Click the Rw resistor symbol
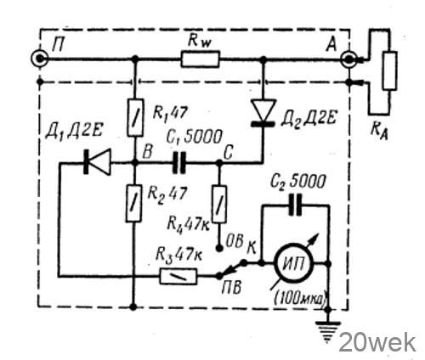pos(200,59)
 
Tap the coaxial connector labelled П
pos(40,59)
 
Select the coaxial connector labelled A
pos(348,59)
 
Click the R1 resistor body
pos(135,118)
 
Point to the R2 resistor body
pos(133,204)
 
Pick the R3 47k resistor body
pos(178,276)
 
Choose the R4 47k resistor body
pos(219,204)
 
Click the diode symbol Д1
pos(97,162)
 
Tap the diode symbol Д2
pos(263,113)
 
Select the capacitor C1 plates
pos(179,163)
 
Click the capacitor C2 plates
pos(295,205)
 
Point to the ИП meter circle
pos(293,264)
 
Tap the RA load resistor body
pos(389,70)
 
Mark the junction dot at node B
pos(135,163)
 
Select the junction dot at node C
pos(219,163)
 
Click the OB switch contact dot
pos(219,248)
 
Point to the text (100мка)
pos(301,298)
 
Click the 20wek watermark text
pos(377,342)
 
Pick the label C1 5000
pos(194,137)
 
